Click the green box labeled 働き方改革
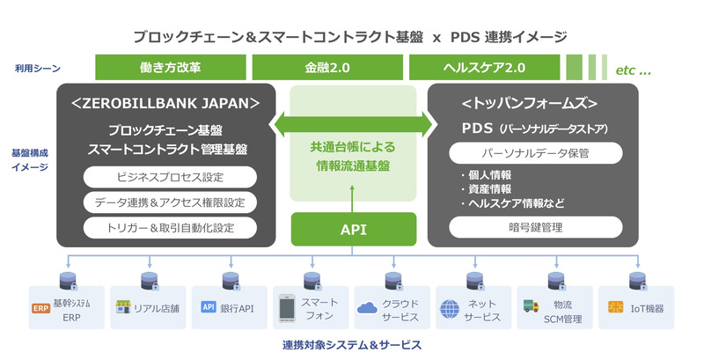coord(171,67)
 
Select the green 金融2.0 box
coord(327,67)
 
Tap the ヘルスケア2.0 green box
coord(485,67)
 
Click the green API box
coord(354,230)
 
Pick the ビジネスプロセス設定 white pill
coord(170,177)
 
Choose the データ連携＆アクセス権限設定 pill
coord(170,202)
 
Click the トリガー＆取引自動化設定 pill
coord(170,228)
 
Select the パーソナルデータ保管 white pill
coord(536,153)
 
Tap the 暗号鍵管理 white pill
coord(536,227)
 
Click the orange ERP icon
coord(40,308)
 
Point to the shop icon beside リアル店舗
coord(123,307)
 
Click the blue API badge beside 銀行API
coord(209,307)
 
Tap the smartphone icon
coord(287,308)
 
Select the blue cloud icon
coord(367,307)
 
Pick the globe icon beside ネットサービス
coord(450,309)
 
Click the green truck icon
coord(532,306)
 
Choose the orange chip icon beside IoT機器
coord(615,307)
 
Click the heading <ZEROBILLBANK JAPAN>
coord(165,103)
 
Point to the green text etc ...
coord(633,70)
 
